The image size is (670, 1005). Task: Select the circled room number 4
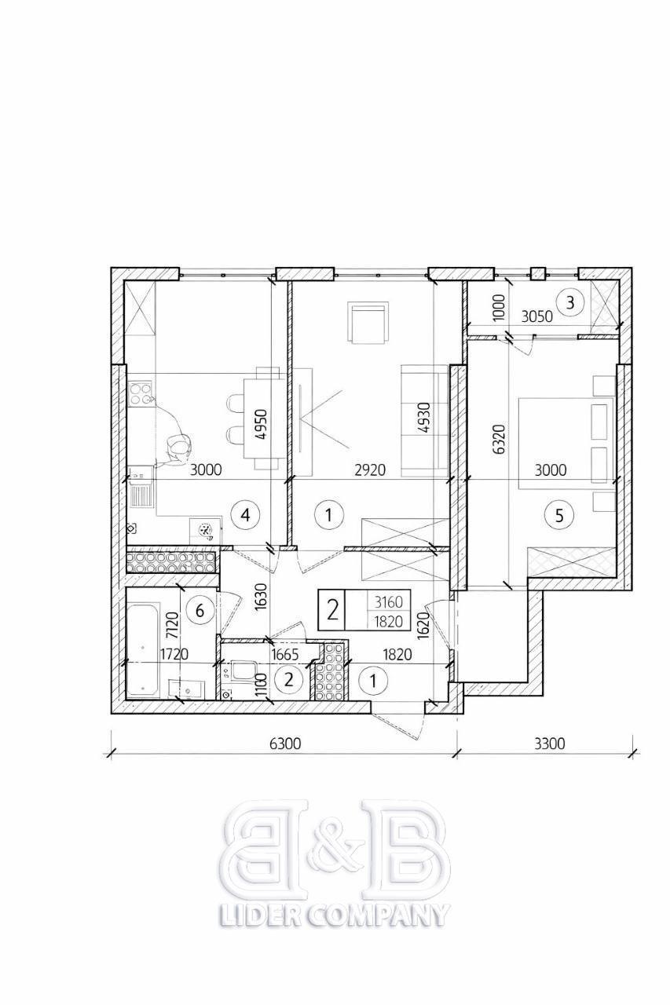[x=245, y=515]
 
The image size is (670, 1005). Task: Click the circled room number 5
[x=559, y=516]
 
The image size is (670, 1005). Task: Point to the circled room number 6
[x=200, y=610]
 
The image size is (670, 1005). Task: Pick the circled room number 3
[x=570, y=302]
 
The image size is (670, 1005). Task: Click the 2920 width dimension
[x=370, y=470]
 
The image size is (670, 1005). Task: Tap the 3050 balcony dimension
[x=536, y=316]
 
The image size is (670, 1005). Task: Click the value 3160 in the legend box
[x=389, y=601]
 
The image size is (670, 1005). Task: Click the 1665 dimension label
[x=285, y=655]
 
